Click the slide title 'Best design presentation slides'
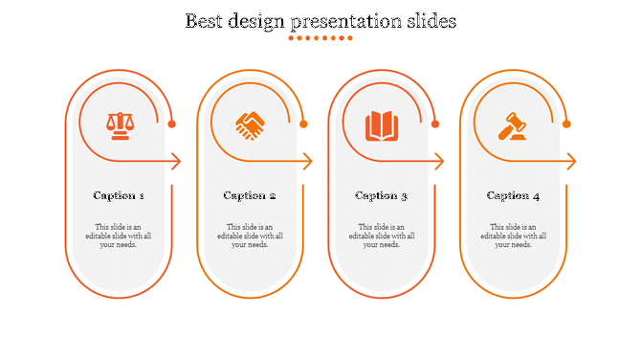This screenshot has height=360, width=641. pos(320,20)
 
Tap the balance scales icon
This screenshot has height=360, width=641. pos(120,125)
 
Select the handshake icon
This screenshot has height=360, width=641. pos(251,125)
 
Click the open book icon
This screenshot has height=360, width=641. pos(381,125)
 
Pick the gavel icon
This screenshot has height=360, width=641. pos(513,125)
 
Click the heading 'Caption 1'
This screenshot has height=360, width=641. pos(119,195)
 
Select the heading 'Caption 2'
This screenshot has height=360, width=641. pos(250,195)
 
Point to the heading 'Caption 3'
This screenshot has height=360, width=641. pos(381,195)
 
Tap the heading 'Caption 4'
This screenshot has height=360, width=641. pos(513,195)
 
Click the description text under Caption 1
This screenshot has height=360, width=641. pos(119,236)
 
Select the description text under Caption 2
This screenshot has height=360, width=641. pos(250,236)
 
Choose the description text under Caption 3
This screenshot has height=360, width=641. pos(381,236)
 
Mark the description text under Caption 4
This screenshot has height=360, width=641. pos(513,236)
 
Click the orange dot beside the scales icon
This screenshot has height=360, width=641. pos(172,124)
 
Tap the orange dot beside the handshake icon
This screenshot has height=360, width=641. pos(303,124)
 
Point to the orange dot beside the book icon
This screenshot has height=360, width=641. pos(434,124)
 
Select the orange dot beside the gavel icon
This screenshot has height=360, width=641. pos(566,124)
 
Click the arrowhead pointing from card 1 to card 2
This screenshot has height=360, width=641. pos(177,162)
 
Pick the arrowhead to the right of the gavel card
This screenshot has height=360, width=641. pos(571,162)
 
